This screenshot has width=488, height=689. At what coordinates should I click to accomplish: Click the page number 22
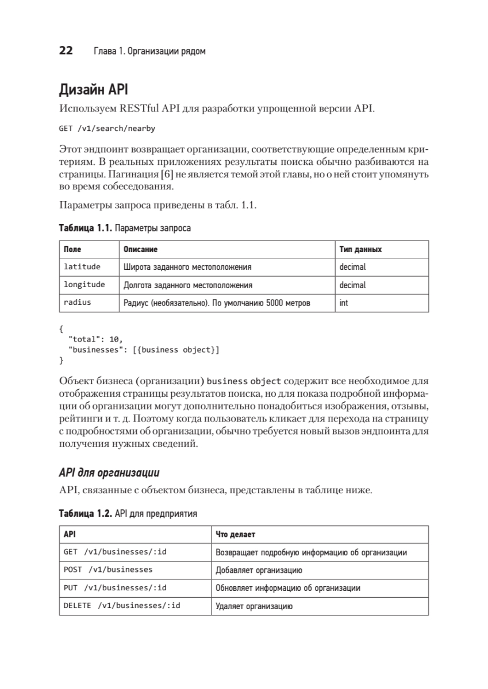65,51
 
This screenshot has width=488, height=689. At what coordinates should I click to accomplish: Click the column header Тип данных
360,250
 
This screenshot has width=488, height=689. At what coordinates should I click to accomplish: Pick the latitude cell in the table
82,267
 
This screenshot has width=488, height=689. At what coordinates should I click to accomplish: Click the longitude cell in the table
84,285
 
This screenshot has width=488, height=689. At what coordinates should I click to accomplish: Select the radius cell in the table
78,303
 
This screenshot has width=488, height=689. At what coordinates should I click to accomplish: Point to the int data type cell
343,303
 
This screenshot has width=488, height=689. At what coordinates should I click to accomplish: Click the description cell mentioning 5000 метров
217,303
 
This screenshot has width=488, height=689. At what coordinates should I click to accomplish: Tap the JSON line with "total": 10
95,340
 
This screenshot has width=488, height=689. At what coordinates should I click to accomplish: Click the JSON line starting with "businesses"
144,350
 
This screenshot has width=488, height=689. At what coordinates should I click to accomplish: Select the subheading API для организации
109,473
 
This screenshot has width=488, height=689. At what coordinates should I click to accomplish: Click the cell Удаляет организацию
254,606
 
